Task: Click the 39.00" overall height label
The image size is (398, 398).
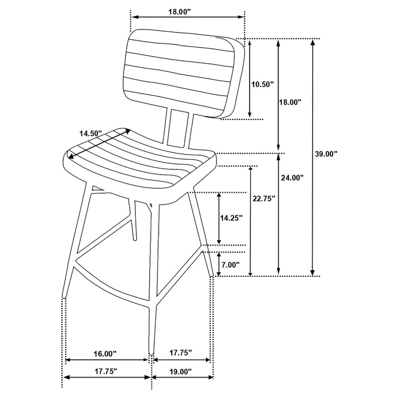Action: point(326,154)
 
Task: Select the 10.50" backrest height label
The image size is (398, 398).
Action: point(263,84)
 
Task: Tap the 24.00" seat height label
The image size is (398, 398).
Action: point(292,177)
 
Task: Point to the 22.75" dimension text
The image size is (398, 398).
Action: point(264,198)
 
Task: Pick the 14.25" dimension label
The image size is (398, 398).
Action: point(231,217)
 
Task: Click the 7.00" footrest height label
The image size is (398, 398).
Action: point(230,265)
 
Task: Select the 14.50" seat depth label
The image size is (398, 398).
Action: point(90,133)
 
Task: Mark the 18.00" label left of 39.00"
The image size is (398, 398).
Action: point(289,102)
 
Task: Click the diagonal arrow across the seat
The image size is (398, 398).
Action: point(100,143)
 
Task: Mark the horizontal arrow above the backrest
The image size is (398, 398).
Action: point(188,18)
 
